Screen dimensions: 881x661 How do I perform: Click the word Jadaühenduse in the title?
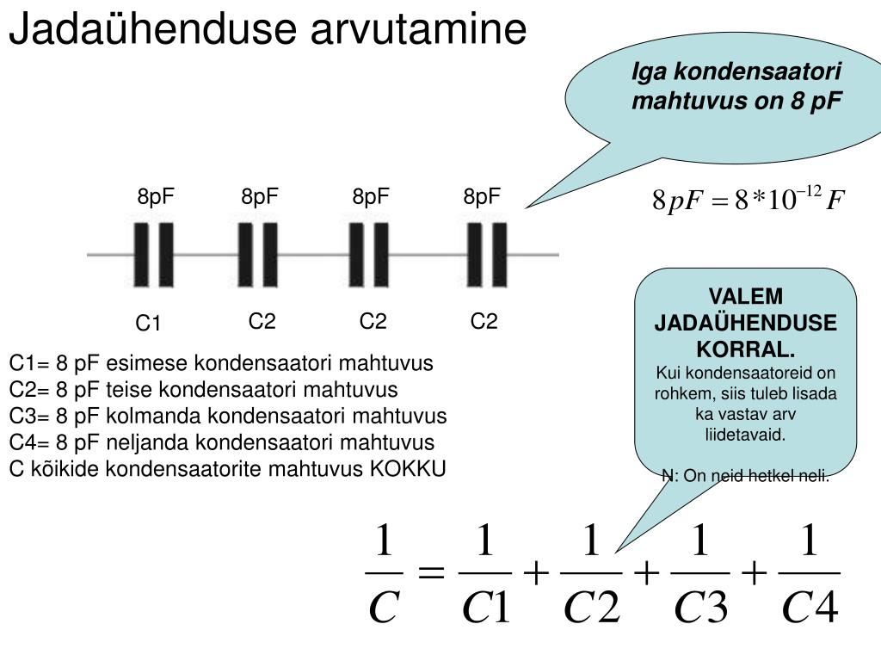point(152,28)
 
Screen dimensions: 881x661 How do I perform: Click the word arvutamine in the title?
point(419,29)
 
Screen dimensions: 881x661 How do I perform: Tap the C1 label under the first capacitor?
point(148,324)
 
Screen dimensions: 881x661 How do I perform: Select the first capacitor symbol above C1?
point(153,255)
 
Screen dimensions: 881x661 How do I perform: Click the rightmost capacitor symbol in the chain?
point(487,255)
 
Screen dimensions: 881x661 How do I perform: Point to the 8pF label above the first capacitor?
point(156,197)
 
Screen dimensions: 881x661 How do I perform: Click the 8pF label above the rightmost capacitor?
point(482,197)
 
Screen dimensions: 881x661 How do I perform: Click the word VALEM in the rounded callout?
point(746,296)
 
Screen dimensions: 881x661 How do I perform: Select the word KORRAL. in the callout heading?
point(746,349)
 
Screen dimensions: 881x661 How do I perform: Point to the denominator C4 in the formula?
point(810,607)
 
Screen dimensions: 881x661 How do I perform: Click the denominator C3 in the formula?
point(700,607)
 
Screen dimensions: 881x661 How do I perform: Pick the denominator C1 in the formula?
point(486,607)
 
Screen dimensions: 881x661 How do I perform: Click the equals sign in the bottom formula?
point(431,573)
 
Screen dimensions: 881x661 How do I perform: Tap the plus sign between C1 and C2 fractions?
point(536,573)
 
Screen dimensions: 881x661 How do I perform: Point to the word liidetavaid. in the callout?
point(745,435)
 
